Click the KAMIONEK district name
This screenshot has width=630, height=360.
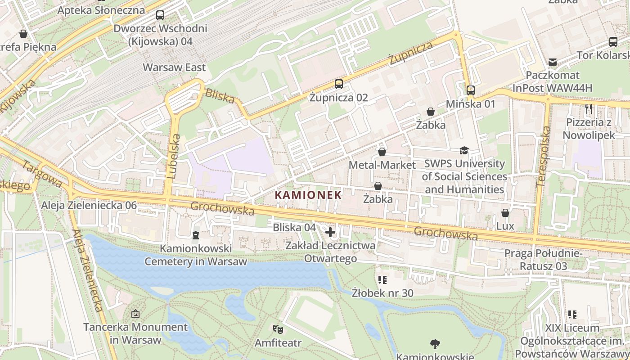pos(308,195)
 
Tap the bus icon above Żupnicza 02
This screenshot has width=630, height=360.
pos(338,84)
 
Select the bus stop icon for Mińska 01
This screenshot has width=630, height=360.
pos(471,90)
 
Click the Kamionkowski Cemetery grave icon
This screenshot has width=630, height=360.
pos(195,235)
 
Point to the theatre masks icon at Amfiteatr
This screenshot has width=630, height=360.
pos(278,329)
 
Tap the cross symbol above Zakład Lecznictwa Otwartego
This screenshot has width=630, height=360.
pos(330,232)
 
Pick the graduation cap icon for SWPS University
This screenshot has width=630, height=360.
pos(464,150)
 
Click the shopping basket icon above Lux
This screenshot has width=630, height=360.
pos(505,212)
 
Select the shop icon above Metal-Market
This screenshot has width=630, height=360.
pos(382,152)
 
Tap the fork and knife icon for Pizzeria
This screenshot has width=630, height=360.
pos(589,108)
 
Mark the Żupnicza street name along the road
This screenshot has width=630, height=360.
pos(411,53)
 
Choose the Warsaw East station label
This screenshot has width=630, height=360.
pos(174,67)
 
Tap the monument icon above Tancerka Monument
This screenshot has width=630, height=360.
pos(135,314)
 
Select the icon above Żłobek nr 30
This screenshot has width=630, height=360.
pos(382,280)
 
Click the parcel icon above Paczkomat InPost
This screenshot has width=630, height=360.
pos(552,62)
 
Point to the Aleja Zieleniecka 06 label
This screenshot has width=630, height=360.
pos(89,206)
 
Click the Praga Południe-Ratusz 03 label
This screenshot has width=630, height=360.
pos(543,260)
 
